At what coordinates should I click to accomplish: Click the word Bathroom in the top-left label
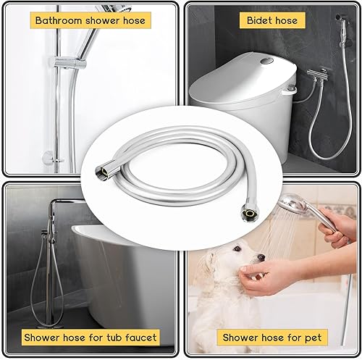(x=59, y=20)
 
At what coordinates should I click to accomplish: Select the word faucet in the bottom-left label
(x=141, y=338)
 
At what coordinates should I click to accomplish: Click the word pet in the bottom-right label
(x=313, y=338)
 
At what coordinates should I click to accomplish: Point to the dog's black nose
(x=261, y=257)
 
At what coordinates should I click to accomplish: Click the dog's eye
(x=237, y=248)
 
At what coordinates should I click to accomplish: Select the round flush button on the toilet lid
(x=267, y=60)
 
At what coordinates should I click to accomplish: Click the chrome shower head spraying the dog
(x=292, y=202)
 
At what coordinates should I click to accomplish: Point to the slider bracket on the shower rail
(x=70, y=63)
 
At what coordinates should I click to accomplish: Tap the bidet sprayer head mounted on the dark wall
(x=342, y=30)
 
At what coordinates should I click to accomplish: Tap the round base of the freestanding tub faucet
(x=49, y=326)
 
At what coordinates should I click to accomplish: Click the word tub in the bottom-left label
(x=114, y=338)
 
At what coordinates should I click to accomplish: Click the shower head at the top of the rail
(x=114, y=9)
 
